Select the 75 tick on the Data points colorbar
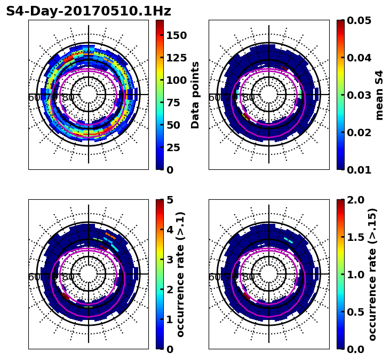(176, 103)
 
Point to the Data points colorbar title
(195, 95)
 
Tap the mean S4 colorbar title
(379, 95)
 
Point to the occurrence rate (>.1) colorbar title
(180, 275)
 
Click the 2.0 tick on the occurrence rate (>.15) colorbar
(357, 200)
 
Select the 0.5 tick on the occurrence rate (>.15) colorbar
(357, 312)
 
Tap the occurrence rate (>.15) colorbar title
(372, 275)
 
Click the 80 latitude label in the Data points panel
(68, 98)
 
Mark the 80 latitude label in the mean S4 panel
(249, 98)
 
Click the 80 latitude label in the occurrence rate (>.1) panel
(68, 277)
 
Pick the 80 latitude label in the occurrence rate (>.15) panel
(249, 277)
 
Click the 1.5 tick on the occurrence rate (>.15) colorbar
(357, 237)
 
